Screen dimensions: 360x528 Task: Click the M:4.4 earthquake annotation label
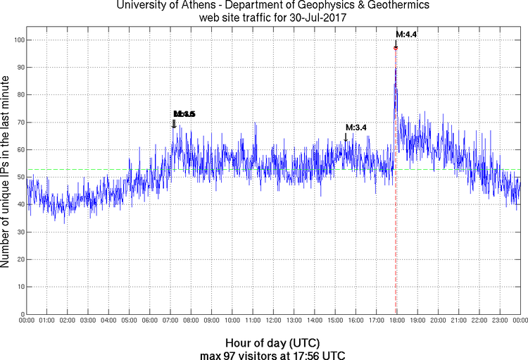(407, 33)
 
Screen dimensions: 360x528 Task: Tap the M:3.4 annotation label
(356, 128)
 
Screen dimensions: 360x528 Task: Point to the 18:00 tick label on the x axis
(396, 321)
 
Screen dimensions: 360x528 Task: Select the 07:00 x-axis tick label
(170, 321)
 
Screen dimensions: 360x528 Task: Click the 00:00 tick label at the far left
(27, 321)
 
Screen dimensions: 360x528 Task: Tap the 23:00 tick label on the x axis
(499, 321)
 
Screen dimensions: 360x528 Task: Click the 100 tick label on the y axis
(17, 40)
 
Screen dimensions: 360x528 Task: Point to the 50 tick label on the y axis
(18, 177)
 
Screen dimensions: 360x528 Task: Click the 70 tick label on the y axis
(18, 123)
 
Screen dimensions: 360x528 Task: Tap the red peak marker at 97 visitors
(396, 48)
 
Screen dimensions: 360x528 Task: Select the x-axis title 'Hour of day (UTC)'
(263, 343)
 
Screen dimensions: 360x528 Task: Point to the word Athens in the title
(187, 5)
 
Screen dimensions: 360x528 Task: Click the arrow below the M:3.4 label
(346, 137)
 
